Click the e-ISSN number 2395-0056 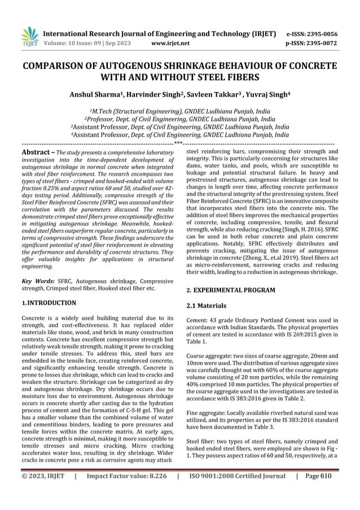tap(323, 33)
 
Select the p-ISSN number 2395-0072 tap(323, 42)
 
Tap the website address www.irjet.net tap(171, 42)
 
